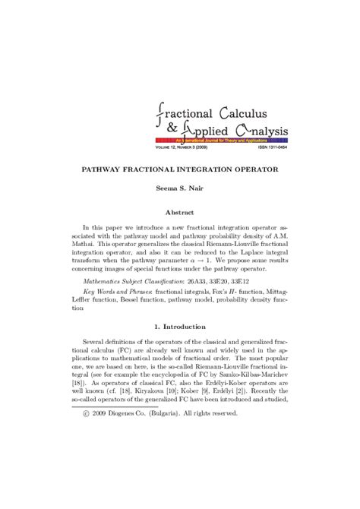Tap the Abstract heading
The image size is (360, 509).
click(180, 213)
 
